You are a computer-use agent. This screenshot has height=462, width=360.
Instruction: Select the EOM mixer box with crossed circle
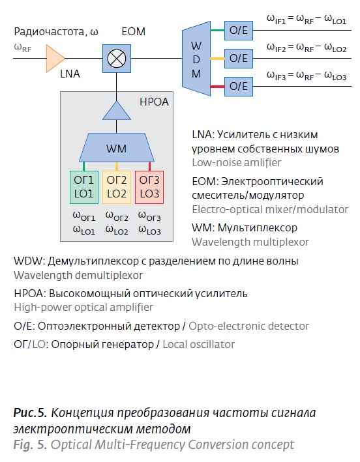click(x=117, y=59)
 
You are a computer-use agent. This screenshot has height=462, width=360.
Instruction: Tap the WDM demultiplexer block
click(x=196, y=59)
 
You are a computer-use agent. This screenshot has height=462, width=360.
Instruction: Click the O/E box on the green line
click(x=239, y=31)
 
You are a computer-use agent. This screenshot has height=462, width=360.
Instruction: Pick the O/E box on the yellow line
click(x=239, y=59)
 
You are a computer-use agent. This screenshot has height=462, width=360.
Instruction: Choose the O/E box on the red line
click(x=239, y=87)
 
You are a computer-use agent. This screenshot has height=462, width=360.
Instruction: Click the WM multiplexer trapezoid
click(x=117, y=148)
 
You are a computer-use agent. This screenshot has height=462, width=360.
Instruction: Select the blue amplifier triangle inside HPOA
click(x=117, y=111)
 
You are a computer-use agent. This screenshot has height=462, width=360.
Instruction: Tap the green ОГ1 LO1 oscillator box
click(x=84, y=187)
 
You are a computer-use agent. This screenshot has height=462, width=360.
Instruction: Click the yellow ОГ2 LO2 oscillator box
click(x=117, y=187)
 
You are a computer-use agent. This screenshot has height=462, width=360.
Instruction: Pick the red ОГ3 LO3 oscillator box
click(x=149, y=187)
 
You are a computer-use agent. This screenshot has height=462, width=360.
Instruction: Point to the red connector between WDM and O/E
click(x=218, y=87)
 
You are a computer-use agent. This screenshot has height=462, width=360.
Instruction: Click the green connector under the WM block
click(x=84, y=166)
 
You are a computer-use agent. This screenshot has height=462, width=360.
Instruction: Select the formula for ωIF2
click(x=307, y=48)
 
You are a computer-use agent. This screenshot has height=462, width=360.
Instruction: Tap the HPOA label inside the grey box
click(x=154, y=102)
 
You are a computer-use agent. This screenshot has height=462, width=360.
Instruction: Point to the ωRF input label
click(x=23, y=48)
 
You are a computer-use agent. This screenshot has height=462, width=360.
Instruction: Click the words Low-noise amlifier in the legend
click(x=237, y=163)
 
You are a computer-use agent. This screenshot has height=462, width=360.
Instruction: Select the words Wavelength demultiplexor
click(x=78, y=275)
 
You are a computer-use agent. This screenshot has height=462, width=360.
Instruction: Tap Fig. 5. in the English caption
click(x=31, y=444)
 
